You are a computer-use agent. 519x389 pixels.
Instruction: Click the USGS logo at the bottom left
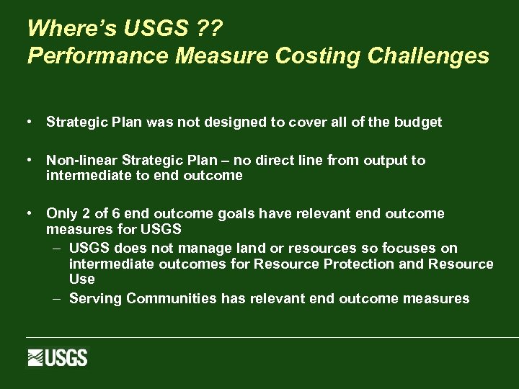[x=58, y=358]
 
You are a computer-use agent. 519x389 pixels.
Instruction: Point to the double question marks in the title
[x=213, y=29]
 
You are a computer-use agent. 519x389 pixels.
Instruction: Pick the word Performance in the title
[x=92, y=56]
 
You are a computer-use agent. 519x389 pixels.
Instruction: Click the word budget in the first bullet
[x=418, y=122]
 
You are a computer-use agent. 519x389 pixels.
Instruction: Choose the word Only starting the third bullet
[x=61, y=214]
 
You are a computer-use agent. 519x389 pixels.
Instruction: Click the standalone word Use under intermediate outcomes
[x=81, y=279]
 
